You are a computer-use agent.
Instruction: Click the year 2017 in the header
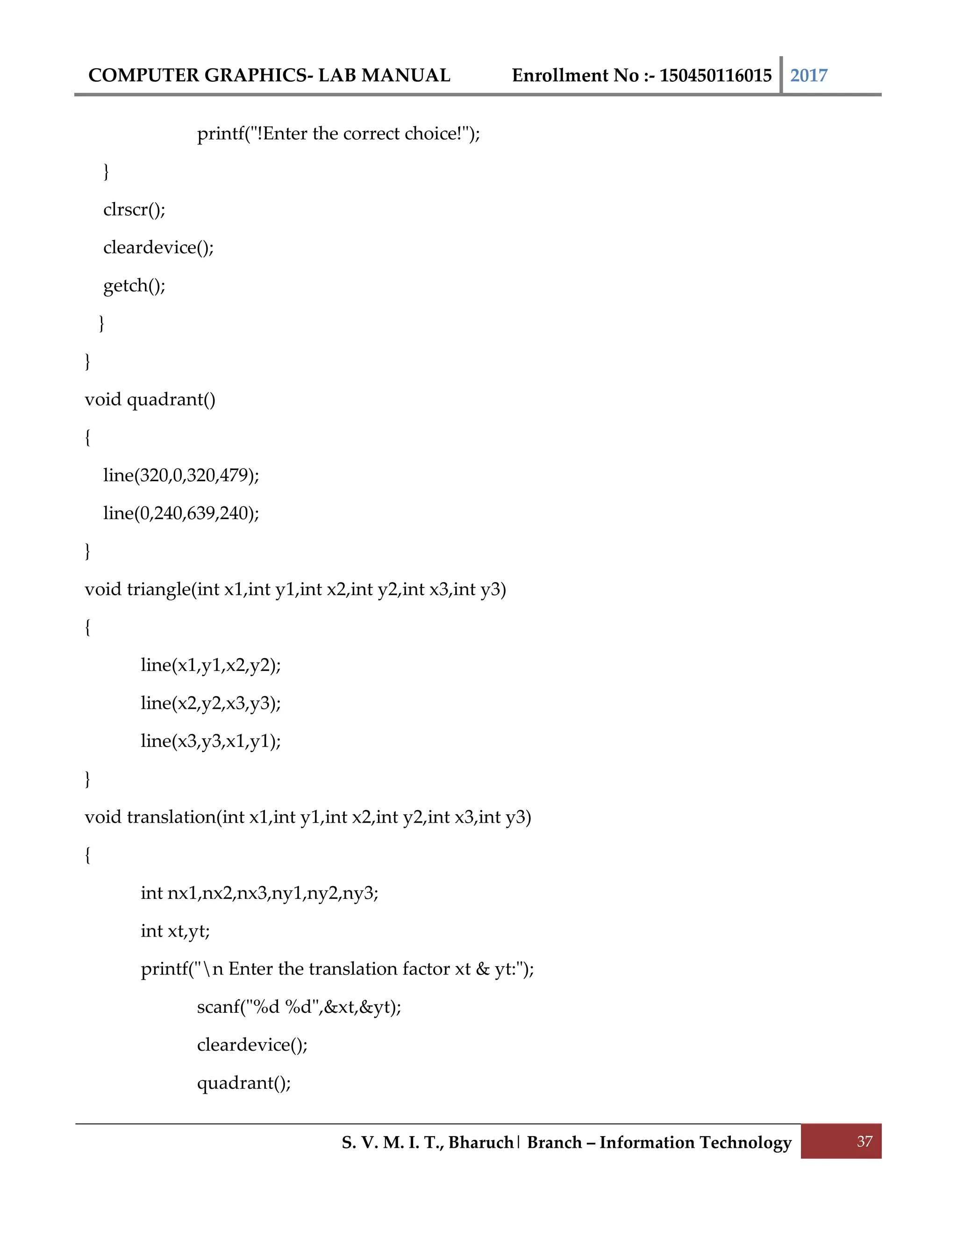pyautogui.click(x=808, y=75)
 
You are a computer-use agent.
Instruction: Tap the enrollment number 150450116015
pyautogui.click(x=715, y=75)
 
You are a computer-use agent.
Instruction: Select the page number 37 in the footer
pyautogui.click(x=864, y=1141)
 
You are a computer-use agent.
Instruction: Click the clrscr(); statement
pyautogui.click(x=135, y=210)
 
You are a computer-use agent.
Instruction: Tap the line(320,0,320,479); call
pyautogui.click(x=181, y=475)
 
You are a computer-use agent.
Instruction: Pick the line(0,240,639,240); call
pyautogui.click(x=181, y=513)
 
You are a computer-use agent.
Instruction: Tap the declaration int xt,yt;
pyautogui.click(x=175, y=931)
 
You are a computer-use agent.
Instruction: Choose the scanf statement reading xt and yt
pyautogui.click(x=299, y=1007)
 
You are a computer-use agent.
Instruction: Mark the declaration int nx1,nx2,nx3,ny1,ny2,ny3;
pyautogui.click(x=259, y=893)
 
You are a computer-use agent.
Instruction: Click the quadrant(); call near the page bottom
pyautogui.click(x=244, y=1083)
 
